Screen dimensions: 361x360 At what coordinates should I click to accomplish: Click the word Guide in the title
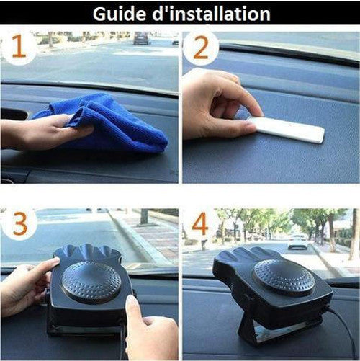tap(122, 14)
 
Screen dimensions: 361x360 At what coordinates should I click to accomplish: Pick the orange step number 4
tap(200, 225)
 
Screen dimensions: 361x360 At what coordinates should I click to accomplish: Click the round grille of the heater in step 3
tap(91, 282)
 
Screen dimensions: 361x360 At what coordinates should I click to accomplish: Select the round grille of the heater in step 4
tap(283, 277)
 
